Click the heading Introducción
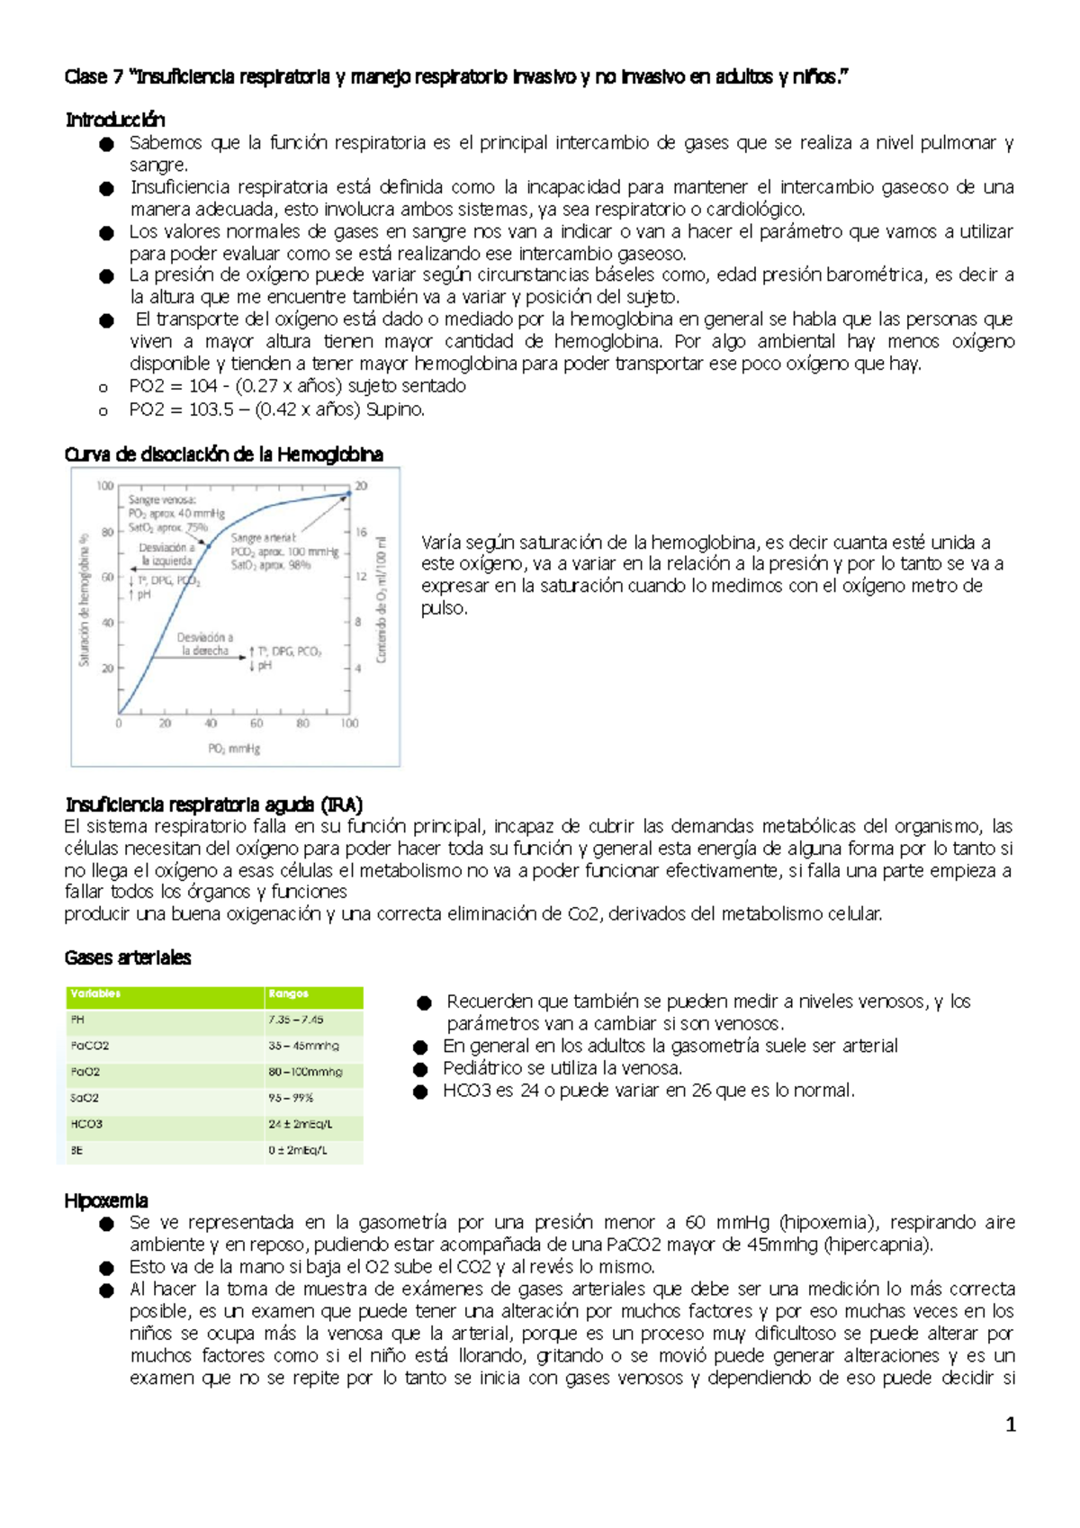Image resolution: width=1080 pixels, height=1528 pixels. tap(114, 120)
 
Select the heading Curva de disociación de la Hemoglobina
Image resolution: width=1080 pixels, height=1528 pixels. tap(223, 454)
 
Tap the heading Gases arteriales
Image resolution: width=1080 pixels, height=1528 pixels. tap(127, 957)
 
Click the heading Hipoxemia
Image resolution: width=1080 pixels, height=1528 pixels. tap(105, 1200)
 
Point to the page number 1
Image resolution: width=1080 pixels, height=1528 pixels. tap(1010, 1425)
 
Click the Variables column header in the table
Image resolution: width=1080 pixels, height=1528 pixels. tap(95, 994)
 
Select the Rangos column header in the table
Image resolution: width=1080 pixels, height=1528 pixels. tap(288, 994)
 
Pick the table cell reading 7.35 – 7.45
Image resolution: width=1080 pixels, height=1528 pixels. tap(295, 1020)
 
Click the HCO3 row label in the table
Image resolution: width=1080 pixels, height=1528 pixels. tap(86, 1124)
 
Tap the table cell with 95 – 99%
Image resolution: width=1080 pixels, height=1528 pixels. tap(291, 1098)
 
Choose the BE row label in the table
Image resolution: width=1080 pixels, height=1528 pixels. tap(76, 1150)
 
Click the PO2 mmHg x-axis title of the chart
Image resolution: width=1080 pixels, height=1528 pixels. tap(234, 749)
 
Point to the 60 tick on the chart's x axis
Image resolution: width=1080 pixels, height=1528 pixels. tap(256, 724)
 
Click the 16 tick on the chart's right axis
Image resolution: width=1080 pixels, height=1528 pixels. tap(361, 532)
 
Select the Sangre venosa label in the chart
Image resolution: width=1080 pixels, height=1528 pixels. tap(162, 499)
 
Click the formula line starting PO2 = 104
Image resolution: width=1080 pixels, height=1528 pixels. tap(297, 386)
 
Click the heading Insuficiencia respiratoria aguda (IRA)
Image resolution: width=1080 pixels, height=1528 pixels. tap(213, 804)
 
